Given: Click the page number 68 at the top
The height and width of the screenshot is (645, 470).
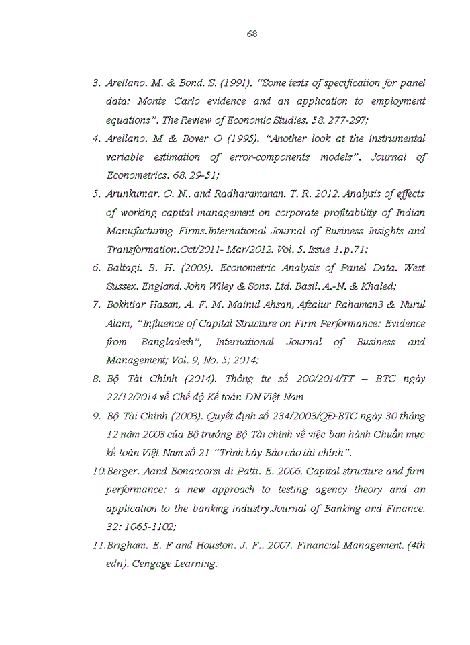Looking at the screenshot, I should (252, 34).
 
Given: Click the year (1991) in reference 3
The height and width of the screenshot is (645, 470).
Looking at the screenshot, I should (235, 83).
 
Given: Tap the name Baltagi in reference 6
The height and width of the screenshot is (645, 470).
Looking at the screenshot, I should (124, 267).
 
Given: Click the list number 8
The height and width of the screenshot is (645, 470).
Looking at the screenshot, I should (96, 378).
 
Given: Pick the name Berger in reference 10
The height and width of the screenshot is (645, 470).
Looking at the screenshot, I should (124, 471).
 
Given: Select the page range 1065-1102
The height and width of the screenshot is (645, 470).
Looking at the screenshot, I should (148, 527).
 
